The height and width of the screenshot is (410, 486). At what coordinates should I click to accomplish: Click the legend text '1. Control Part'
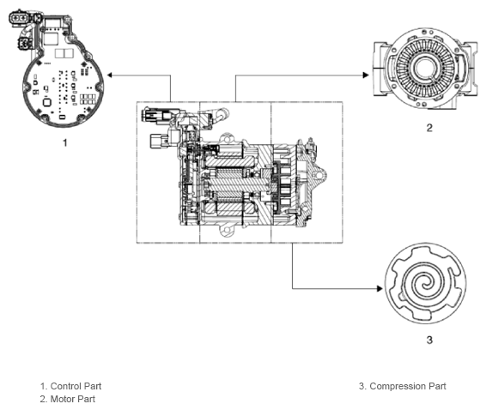coord(70,386)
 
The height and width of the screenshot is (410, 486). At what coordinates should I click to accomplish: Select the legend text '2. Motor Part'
coord(68,399)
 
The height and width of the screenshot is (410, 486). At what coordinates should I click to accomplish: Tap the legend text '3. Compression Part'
coord(403,386)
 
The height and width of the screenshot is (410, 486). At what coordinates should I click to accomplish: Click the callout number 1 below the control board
coord(65,142)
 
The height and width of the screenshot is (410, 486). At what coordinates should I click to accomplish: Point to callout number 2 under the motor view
coord(429,128)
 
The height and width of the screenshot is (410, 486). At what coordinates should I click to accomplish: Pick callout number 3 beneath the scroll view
coord(429,340)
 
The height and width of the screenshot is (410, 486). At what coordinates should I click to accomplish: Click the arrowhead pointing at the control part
coord(110,75)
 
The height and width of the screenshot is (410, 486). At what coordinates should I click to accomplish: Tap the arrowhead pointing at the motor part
coord(366,75)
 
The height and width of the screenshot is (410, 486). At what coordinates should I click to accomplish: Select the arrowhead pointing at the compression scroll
coord(380,288)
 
